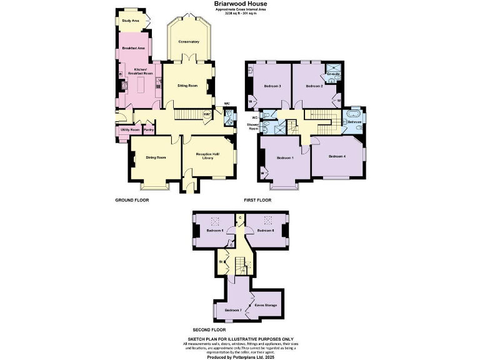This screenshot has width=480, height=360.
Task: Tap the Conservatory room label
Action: pyautogui.click(x=188, y=42)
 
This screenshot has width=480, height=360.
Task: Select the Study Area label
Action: pyautogui.click(x=131, y=21)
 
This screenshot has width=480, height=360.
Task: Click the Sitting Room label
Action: pyautogui.click(x=187, y=86)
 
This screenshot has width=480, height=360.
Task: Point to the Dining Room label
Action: pyautogui.click(x=156, y=157)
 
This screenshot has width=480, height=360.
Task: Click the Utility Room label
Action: pyautogui.click(x=131, y=130)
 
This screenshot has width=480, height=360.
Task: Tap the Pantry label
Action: pyautogui.click(x=149, y=130)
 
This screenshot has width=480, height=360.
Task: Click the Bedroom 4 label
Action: pyautogui.click(x=337, y=156)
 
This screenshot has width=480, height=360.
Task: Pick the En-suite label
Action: pyautogui.click(x=333, y=74)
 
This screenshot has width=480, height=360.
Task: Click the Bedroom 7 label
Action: pyautogui.click(x=232, y=310)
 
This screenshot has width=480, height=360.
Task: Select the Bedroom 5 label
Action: pyautogui.click(x=214, y=231)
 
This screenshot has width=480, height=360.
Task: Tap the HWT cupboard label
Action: pyautogui.click(x=207, y=114)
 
